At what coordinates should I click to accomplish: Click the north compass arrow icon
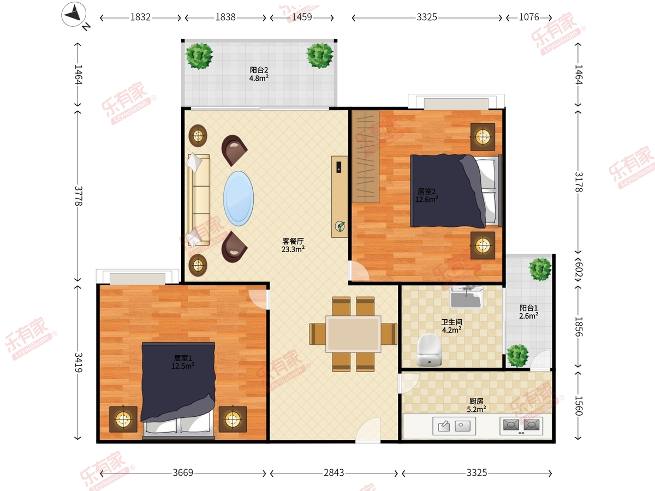(74, 14)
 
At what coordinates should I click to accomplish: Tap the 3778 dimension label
(78, 196)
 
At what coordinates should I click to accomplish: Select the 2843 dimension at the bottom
(334, 472)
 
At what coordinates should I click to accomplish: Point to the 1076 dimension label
(529, 17)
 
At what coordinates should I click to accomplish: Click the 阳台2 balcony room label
(259, 70)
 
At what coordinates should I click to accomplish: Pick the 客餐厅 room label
(293, 241)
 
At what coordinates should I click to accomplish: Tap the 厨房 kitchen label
(477, 401)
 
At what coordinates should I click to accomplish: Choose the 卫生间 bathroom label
(452, 322)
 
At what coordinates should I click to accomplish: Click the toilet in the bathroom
(429, 350)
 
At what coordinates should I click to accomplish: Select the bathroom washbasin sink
(466, 297)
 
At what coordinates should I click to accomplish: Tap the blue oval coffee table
(239, 198)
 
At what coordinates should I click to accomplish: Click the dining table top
(353, 334)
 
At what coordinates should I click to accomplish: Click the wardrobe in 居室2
(365, 157)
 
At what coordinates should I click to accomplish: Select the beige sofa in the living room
(199, 200)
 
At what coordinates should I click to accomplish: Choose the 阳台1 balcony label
(528, 308)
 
